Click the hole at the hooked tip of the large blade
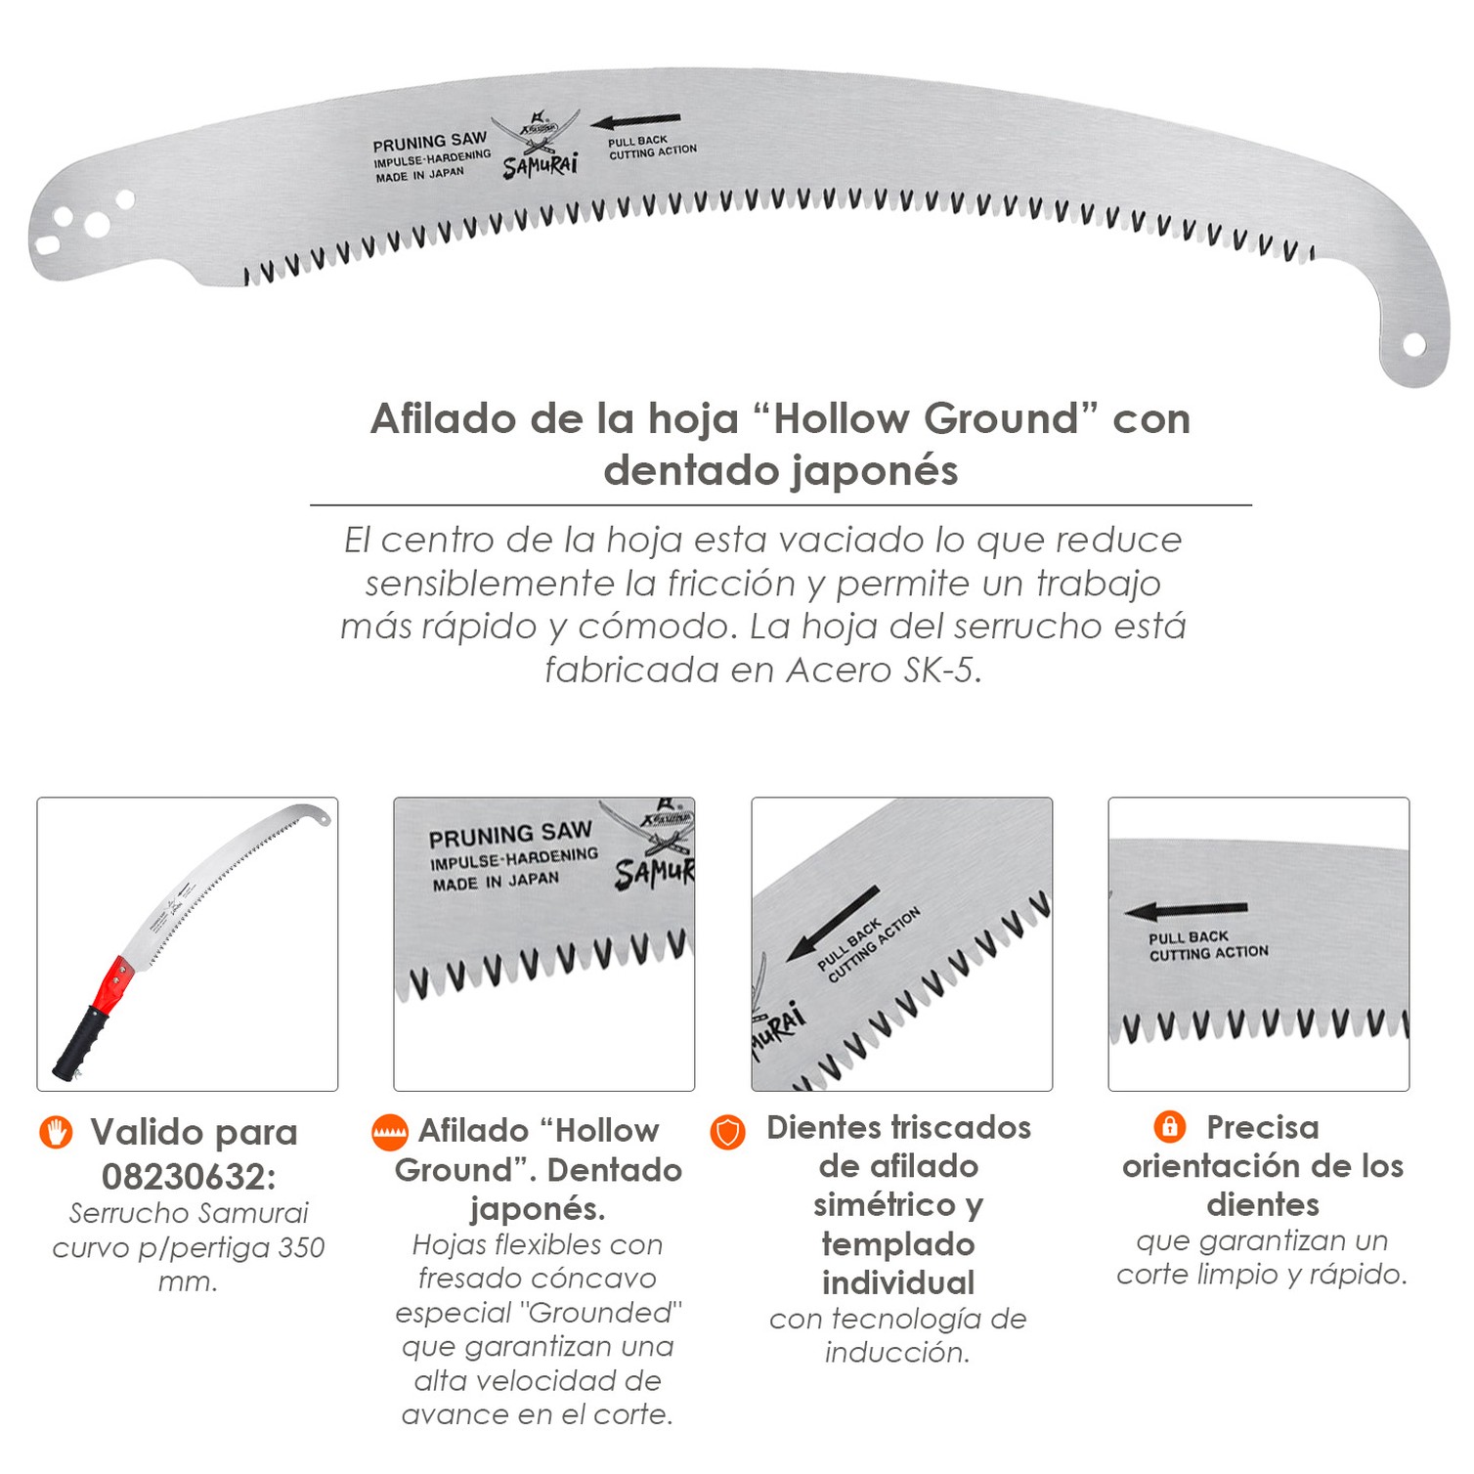[x=1412, y=343]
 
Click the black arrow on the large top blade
[x=635, y=122]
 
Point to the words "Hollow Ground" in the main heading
[x=926, y=418]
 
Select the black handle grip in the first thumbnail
[x=80, y=1044]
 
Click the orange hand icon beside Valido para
[x=57, y=1132]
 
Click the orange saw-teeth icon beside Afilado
[x=389, y=1132]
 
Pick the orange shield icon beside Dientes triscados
[x=727, y=1132]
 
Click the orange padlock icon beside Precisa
[x=1169, y=1126]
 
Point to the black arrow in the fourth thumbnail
[x=1185, y=911]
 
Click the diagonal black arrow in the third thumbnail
[x=833, y=923]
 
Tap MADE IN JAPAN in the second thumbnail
[x=496, y=881]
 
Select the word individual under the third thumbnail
[x=898, y=1282]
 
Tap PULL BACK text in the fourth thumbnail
[x=1189, y=938]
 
